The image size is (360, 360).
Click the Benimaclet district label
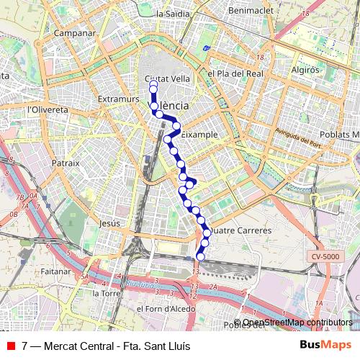247,12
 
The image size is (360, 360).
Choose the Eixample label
199,135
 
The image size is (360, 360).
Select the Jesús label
110,223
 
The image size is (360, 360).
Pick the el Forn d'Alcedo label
161,308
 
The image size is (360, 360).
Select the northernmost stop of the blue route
153,85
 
